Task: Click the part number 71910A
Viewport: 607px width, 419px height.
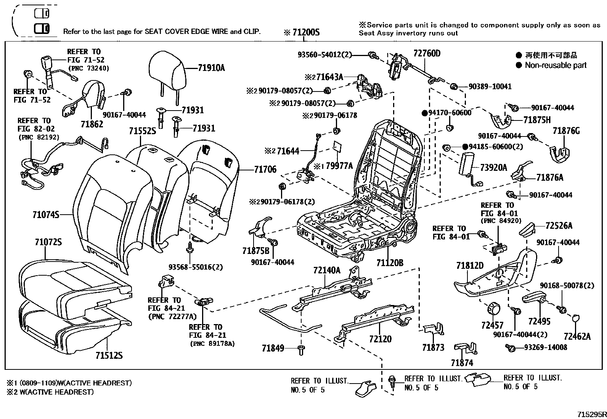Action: [x=211, y=68]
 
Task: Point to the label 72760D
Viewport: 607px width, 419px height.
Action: [x=427, y=53]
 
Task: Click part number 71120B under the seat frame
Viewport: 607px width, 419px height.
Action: [x=389, y=263]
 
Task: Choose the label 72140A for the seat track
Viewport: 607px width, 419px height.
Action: [x=327, y=270]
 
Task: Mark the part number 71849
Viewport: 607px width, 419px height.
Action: [x=273, y=348]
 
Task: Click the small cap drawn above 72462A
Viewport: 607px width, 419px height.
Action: [x=576, y=318]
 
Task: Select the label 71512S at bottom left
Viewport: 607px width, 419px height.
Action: [x=109, y=356]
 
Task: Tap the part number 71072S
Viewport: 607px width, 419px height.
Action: [x=48, y=242]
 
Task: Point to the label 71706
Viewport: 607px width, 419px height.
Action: [x=265, y=169]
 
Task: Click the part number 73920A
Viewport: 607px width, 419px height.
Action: [x=493, y=167]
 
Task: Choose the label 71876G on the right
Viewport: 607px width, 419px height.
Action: [x=566, y=131]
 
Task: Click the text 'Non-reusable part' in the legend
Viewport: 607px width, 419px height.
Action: [x=556, y=65]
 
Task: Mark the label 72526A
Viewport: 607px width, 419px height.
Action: [x=559, y=226]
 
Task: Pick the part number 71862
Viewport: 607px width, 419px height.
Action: [x=92, y=124]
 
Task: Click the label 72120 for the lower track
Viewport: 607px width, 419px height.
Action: [x=380, y=339]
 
